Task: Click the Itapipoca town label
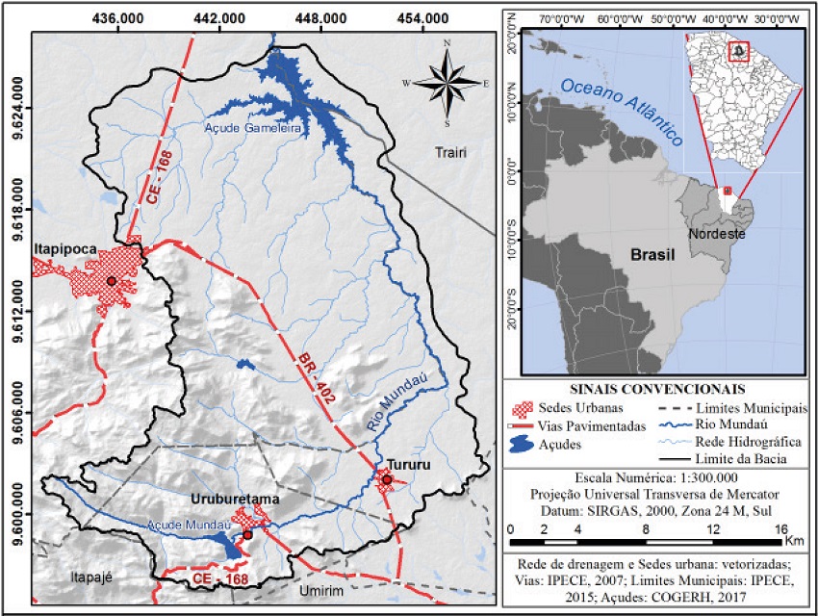pyautogui.click(x=65, y=248)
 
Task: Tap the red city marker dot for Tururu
pyautogui.click(x=387, y=479)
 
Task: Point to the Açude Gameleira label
pyautogui.click(x=253, y=127)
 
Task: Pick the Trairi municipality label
pyautogui.click(x=449, y=152)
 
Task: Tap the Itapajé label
pyautogui.click(x=92, y=577)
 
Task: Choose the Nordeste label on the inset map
pyautogui.click(x=717, y=234)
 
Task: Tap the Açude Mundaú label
pyautogui.click(x=185, y=526)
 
